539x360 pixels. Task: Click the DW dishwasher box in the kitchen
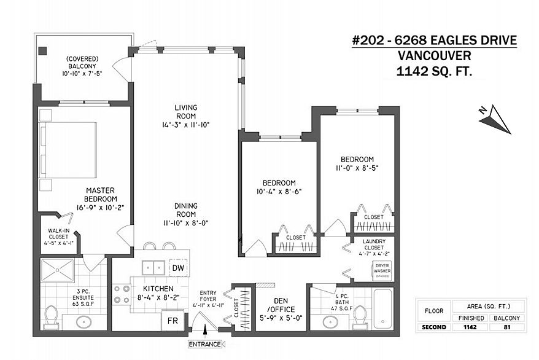(x=179, y=268)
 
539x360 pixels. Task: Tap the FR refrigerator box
(x=173, y=321)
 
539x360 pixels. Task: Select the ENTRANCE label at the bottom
(x=204, y=344)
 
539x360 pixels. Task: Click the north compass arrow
(x=495, y=119)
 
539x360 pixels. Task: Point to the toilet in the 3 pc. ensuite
(x=52, y=316)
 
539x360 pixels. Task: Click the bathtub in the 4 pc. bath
(x=382, y=309)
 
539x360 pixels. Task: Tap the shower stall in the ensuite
(x=58, y=270)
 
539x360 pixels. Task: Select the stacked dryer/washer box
(x=382, y=271)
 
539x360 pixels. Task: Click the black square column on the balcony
(x=42, y=51)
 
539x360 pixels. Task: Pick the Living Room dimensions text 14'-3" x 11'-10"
(x=186, y=125)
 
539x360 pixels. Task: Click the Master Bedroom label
(x=101, y=195)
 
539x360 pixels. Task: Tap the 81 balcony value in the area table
(x=506, y=327)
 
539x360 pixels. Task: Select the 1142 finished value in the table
(x=470, y=327)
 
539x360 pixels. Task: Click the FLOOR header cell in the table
(x=434, y=311)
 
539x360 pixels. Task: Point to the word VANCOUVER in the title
(x=434, y=56)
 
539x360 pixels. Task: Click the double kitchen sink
(x=153, y=267)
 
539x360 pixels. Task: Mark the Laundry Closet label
(x=374, y=245)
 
